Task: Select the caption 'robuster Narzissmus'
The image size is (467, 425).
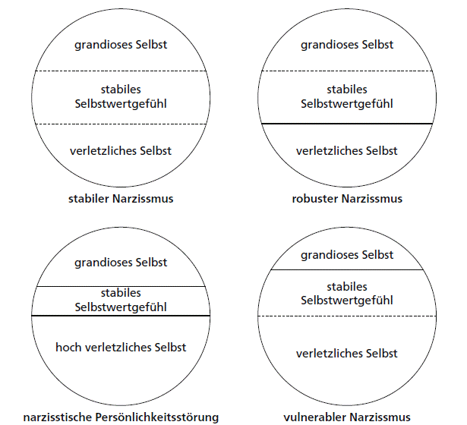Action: [x=346, y=199]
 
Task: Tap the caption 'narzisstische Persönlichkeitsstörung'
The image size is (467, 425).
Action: [x=121, y=416]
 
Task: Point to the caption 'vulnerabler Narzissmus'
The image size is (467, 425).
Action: [x=346, y=416]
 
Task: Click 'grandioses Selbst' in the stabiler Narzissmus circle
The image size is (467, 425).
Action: [x=121, y=45]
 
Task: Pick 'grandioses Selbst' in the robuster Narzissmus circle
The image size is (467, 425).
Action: [x=346, y=45]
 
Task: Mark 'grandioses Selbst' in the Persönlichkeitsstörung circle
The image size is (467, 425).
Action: [x=121, y=263]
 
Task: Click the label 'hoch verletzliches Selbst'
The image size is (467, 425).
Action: [x=121, y=347]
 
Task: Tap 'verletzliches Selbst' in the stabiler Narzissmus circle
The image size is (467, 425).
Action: [x=121, y=150]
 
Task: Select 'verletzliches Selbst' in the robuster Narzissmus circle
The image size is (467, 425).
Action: [x=346, y=150]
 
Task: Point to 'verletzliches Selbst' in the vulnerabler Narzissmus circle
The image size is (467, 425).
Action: [x=346, y=354]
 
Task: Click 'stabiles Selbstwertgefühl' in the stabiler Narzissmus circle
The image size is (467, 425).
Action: [x=121, y=96]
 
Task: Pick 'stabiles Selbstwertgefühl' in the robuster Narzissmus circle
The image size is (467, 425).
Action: [x=346, y=96]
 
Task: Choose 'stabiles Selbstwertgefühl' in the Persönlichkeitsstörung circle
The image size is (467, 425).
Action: [x=121, y=301]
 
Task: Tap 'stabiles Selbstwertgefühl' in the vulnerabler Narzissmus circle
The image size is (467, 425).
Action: [x=346, y=294]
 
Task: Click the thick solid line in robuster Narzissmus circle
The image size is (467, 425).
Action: [x=346, y=123]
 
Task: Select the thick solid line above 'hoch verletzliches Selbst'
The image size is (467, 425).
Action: [x=121, y=315]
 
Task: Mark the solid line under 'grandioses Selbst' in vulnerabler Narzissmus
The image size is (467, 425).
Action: [x=346, y=270]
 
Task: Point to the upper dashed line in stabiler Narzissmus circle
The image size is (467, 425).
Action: [x=121, y=71]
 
